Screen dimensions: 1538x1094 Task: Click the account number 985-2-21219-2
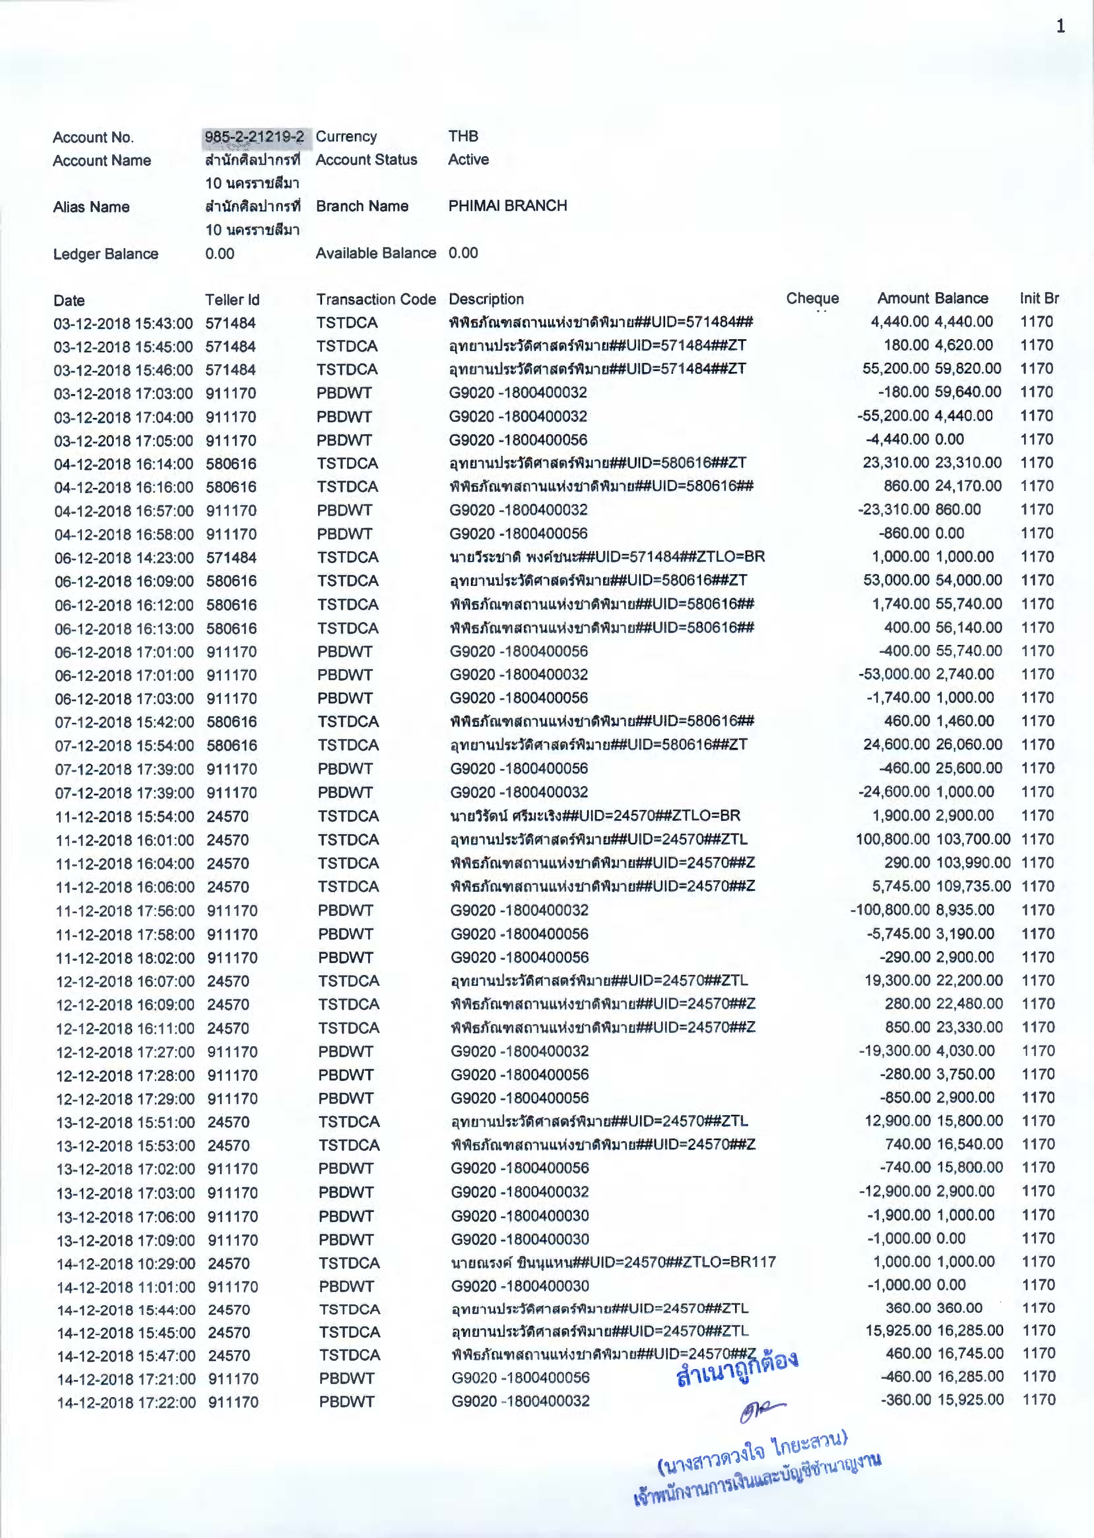[255, 137]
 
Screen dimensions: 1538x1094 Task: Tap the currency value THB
[464, 136]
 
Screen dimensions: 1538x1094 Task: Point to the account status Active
[468, 160]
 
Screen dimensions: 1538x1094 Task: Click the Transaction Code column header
[376, 299]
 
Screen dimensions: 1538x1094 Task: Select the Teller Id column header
[232, 300]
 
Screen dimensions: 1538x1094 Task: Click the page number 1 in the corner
[1060, 26]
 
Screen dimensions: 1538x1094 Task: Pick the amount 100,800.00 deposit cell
[893, 839]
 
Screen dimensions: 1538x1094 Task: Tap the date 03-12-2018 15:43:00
[123, 323]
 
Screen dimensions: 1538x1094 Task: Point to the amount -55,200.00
[893, 416]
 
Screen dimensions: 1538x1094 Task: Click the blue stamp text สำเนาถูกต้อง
[737, 1368]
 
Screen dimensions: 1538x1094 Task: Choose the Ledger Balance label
[106, 254]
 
